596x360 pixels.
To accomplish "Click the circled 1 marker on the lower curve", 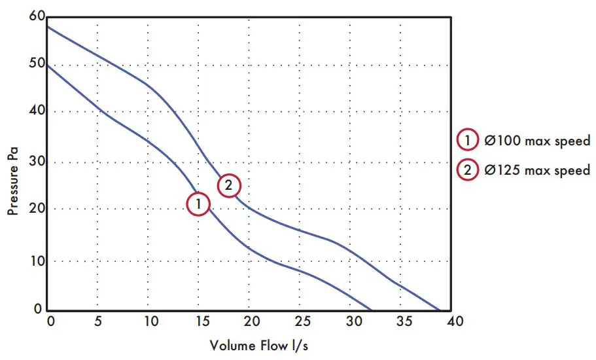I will pos(198,204).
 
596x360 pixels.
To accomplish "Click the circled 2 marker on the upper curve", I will pos(228,185).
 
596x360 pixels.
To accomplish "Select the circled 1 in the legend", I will pos(468,140).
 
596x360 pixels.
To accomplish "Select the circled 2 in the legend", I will pos(468,170).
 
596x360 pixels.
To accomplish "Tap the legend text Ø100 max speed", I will pos(537,140).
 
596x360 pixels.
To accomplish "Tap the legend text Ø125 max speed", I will pos(537,170).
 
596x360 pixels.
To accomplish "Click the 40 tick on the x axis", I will pos(455,321).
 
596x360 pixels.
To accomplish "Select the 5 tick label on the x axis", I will pos(97,321).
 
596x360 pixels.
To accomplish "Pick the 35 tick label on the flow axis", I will pos(404,321).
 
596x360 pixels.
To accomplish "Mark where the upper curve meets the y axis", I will pos(48,26).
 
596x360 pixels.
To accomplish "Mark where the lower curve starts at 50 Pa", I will pos(48,65).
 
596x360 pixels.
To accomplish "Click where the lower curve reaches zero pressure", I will pos(370,310).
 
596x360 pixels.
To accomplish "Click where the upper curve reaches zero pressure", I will pos(439,310).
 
